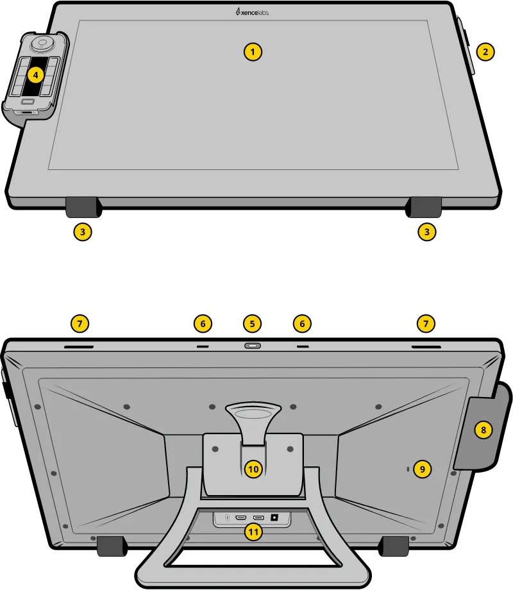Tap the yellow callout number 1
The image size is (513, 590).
click(x=254, y=51)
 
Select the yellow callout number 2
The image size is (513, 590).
click(x=485, y=52)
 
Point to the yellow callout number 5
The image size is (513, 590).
click(x=252, y=324)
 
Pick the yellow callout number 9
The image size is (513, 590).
click(x=421, y=469)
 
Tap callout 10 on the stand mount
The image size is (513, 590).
click(x=253, y=469)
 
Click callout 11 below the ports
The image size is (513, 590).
click(x=254, y=532)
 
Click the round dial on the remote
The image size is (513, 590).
click(x=43, y=44)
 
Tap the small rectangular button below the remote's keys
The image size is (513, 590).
click(x=28, y=101)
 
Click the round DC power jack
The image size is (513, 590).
click(x=276, y=517)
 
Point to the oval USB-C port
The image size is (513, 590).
click(x=227, y=517)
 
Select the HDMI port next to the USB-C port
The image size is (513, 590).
click(x=241, y=517)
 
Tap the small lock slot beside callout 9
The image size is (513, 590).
click(x=408, y=470)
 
